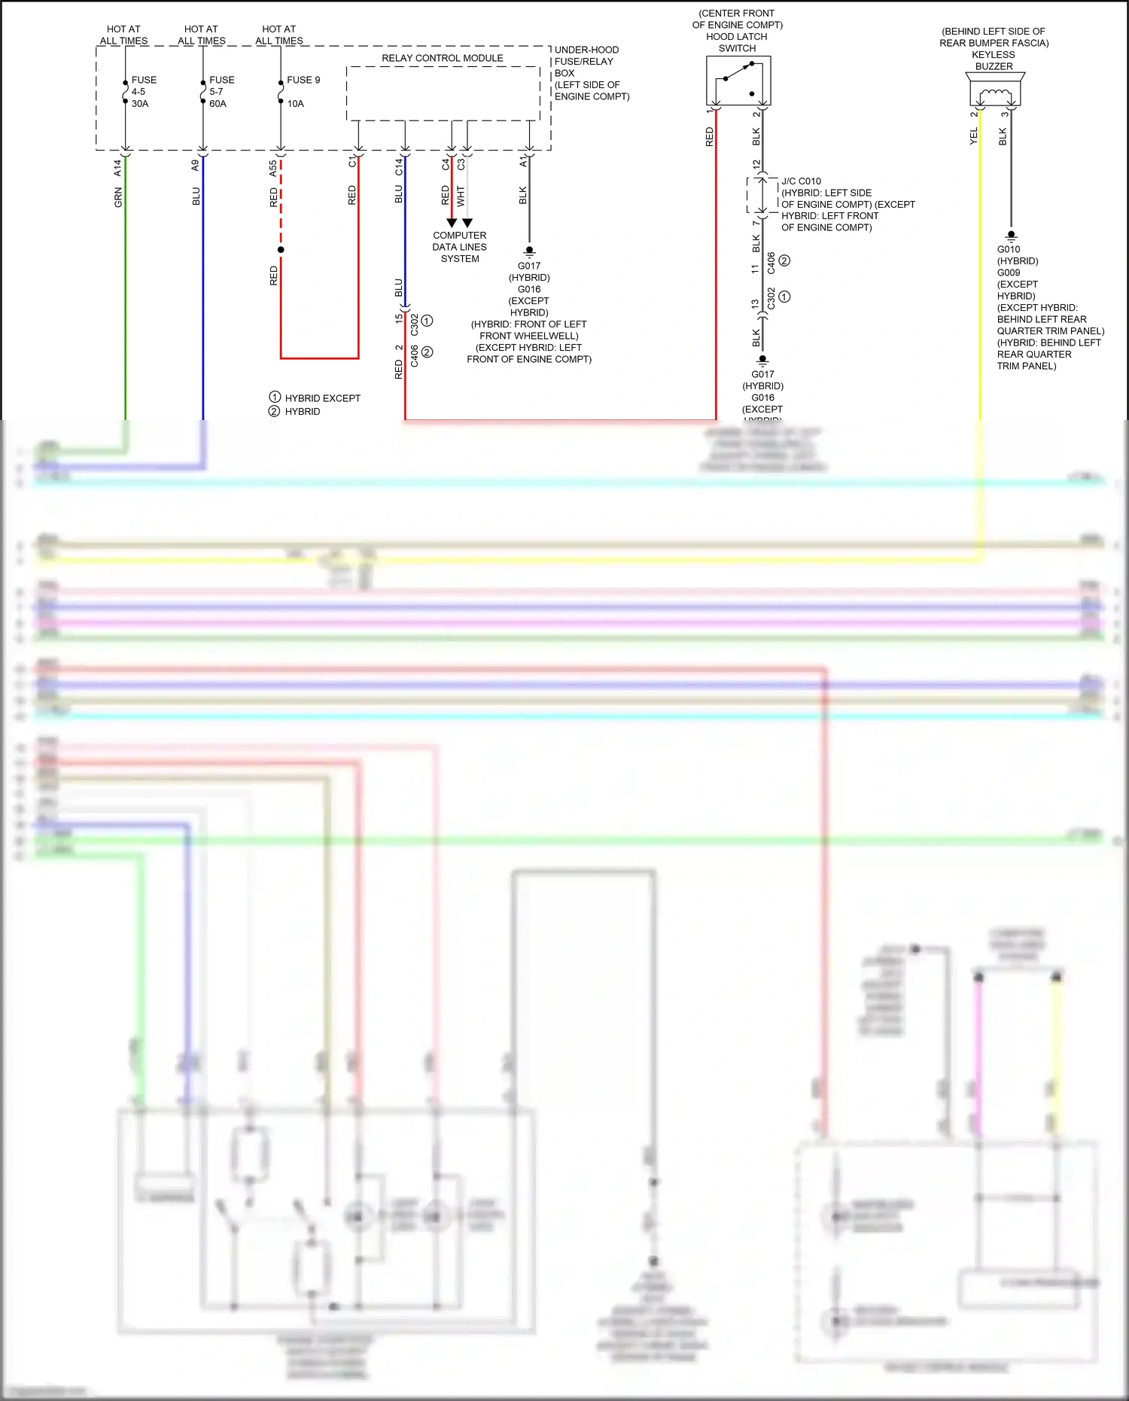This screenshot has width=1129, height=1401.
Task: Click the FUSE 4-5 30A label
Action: coord(143,92)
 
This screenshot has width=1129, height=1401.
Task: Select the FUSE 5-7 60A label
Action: coord(221,92)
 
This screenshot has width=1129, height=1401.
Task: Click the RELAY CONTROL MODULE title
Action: coord(442,58)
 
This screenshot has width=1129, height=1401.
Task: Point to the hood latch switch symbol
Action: coord(738,81)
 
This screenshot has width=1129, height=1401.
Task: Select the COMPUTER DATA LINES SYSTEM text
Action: coord(459,247)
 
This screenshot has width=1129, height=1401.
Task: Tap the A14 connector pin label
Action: coord(117,168)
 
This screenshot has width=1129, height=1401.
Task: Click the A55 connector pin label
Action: coord(273,169)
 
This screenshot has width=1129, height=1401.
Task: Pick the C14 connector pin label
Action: coord(399,167)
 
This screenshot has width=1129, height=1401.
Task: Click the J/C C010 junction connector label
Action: coord(801,181)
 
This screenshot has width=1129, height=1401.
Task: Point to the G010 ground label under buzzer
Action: coord(1009,249)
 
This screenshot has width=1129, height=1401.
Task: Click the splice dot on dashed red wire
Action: coord(281,249)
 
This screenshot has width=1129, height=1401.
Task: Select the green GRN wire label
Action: coord(118,198)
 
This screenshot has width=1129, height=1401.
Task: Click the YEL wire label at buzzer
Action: coord(973,136)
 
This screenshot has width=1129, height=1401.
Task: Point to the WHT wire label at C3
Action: coord(461,196)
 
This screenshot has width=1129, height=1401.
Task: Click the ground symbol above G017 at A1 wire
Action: coord(529,250)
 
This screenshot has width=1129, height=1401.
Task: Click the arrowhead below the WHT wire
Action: coord(467,223)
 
